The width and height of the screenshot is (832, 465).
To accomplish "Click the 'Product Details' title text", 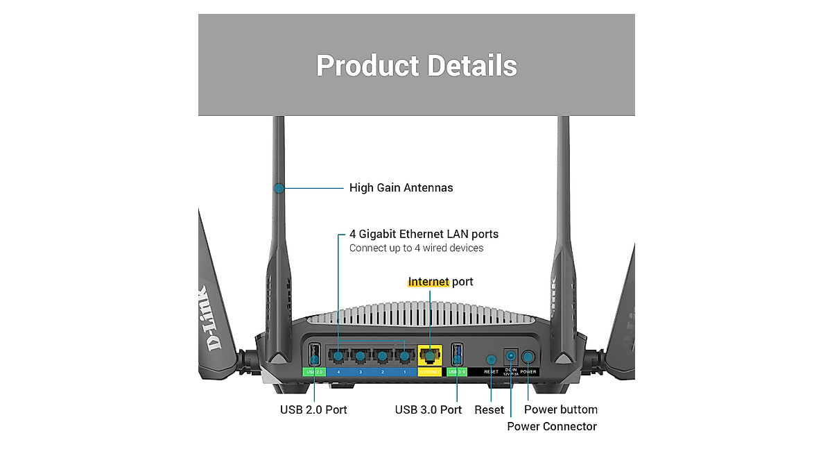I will click(416, 66).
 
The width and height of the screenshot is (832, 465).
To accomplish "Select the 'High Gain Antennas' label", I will click(401, 187).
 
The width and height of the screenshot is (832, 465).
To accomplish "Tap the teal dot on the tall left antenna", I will click(279, 187).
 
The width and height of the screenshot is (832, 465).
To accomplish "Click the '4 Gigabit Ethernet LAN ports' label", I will click(424, 234).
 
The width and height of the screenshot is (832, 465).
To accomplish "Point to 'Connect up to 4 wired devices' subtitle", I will click(416, 248).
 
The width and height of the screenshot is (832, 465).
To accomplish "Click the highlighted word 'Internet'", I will click(428, 282).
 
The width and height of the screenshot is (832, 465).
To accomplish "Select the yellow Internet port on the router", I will click(430, 356).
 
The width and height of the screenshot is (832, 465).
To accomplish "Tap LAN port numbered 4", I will click(338, 357).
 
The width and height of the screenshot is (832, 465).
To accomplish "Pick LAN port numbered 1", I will click(404, 357).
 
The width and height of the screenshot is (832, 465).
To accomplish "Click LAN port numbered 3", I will click(360, 357).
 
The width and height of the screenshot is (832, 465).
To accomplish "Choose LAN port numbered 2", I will click(382, 357).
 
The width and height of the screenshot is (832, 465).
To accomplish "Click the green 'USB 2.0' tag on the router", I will click(314, 372).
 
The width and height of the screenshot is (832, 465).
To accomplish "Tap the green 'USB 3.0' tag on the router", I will click(456, 372).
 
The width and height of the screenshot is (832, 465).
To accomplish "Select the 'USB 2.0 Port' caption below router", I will click(313, 409).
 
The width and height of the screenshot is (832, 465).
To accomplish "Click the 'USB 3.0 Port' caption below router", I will click(428, 409).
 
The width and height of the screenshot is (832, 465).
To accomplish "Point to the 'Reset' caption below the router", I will click(489, 409).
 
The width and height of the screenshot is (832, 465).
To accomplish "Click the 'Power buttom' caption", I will click(560, 409).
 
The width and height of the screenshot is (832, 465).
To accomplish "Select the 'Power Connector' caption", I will click(551, 426).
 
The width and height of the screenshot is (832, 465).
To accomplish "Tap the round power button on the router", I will click(528, 357).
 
